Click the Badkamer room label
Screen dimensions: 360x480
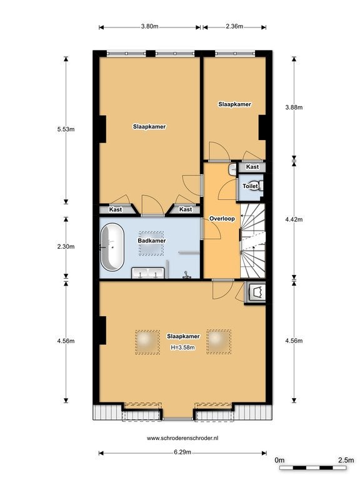point(151,241)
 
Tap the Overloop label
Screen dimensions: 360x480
point(222,219)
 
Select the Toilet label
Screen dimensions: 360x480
point(250,186)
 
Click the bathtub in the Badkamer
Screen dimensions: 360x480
point(112,247)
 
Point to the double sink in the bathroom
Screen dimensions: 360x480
point(148,273)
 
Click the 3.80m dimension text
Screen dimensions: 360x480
point(149,26)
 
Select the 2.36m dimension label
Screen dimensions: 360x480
point(234,26)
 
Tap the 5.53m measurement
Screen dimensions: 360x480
point(66,129)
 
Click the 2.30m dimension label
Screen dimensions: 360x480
point(66,246)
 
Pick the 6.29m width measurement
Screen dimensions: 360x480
point(182,452)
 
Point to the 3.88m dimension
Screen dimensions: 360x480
point(294,107)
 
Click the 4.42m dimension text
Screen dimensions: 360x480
point(294,219)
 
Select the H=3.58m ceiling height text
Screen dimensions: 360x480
point(182,347)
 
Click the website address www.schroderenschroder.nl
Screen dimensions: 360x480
point(182,438)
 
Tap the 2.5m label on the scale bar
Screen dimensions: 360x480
point(346,460)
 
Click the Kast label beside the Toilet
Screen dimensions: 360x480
point(252,166)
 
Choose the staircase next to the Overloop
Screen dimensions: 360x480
point(253,241)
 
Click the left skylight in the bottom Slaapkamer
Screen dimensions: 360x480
point(147,342)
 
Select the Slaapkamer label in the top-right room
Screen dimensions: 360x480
point(234,104)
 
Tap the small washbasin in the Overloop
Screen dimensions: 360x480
point(232,169)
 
